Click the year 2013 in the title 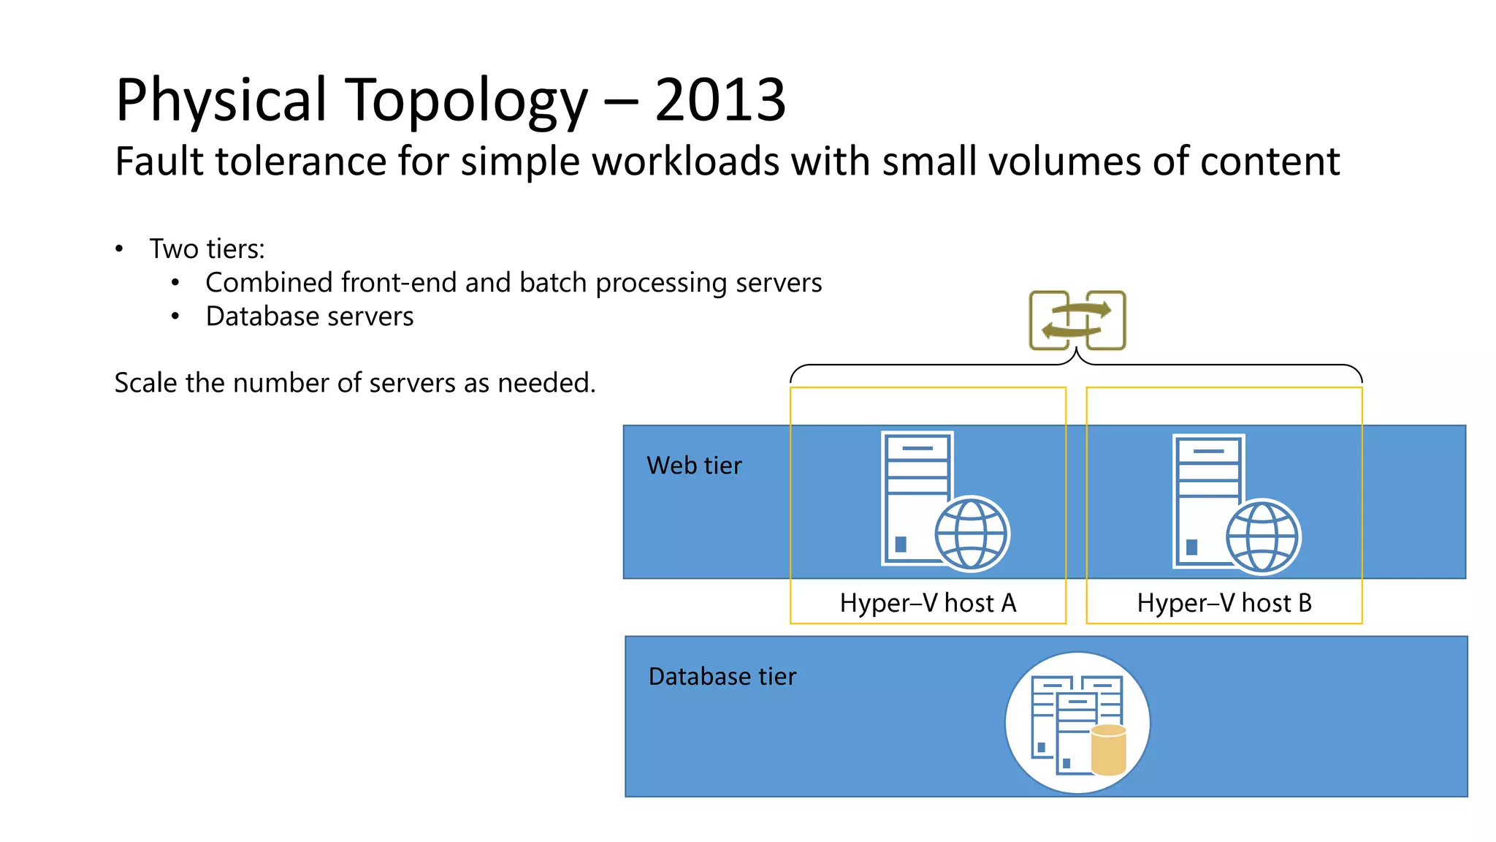click(720, 100)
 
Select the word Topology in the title click(465, 100)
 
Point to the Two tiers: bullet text click(207, 249)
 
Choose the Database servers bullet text click(310, 316)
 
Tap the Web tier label click(694, 466)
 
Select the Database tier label click(722, 677)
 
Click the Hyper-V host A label click(928, 603)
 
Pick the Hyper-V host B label click(1224, 603)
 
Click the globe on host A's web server click(972, 534)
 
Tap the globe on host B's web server click(1262, 537)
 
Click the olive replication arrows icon click(1077, 321)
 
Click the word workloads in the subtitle click(685, 161)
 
